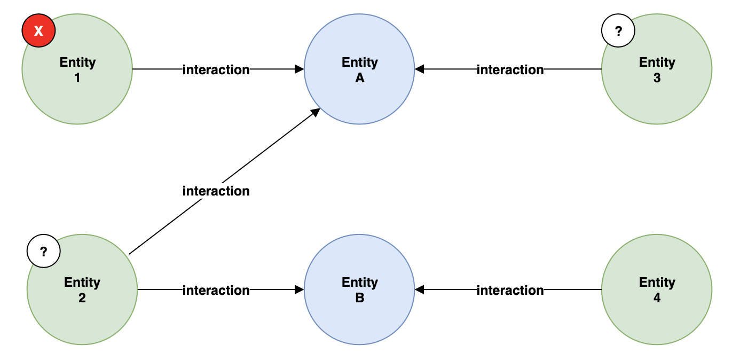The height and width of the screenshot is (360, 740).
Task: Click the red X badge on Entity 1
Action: [x=38, y=31]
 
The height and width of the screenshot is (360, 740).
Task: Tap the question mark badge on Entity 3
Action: [x=618, y=31]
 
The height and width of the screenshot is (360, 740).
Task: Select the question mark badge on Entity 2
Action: [x=44, y=251]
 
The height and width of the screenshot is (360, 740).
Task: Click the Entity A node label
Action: [x=360, y=69]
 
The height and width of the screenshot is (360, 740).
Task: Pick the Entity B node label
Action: [x=360, y=289]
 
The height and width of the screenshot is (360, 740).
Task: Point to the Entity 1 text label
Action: [x=77, y=69]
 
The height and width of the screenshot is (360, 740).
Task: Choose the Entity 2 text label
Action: [x=82, y=289]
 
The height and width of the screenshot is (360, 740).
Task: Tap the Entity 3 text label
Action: [x=657, y=69]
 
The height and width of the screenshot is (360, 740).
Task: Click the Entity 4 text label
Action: [x=657, y=289]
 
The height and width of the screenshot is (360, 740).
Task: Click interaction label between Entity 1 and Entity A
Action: [x=216, y=69]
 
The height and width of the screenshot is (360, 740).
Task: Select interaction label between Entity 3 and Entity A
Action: [x=510, y=69]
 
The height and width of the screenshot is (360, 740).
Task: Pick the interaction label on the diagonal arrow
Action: [x=216, y=191]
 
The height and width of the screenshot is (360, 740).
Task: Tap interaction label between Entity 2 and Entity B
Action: [x=216, y=290]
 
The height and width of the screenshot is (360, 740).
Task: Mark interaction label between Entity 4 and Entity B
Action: [x=510, y=290]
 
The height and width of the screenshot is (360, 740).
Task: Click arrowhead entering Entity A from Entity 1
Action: [x=300, y=69]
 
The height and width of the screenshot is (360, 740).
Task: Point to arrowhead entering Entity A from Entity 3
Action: [x=420, y=69]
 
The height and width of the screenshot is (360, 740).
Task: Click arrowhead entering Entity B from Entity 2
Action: [x=300, y=289]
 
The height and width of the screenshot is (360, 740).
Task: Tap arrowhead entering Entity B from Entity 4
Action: [x=420, y=289]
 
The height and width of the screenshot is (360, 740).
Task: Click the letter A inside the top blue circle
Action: [x=360, y=78]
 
